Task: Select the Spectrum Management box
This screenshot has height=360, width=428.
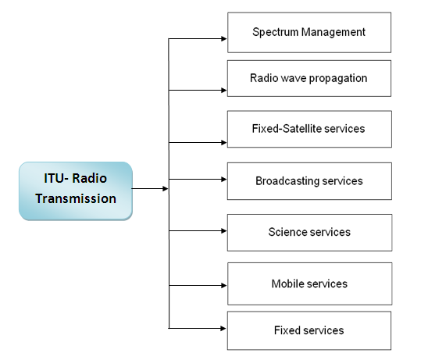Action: click(309, 33)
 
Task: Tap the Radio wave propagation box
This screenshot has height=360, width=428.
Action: click(309, 78)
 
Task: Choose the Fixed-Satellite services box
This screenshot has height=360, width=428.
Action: click(309, 128)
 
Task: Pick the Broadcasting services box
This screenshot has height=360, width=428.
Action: click(309, 181)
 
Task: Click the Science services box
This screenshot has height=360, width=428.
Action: click(309, 232)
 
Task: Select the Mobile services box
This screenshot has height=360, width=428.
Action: click(309, 283)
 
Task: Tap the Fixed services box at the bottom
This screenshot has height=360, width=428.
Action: click(309, 330)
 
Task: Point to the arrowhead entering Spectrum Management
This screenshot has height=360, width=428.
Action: click(223, 38)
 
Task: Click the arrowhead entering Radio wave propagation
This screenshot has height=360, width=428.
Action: click(223, 90)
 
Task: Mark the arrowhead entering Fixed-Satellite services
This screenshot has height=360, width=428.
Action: click(223, 142)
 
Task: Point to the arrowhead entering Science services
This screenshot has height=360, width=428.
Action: click(223, 230)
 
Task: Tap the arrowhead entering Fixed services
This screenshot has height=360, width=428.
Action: click(223, 327)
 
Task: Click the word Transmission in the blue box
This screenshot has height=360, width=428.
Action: click(76, 198)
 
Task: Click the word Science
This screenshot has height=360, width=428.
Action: click(288, 232)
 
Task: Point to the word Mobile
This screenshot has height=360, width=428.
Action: click(287, 283)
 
